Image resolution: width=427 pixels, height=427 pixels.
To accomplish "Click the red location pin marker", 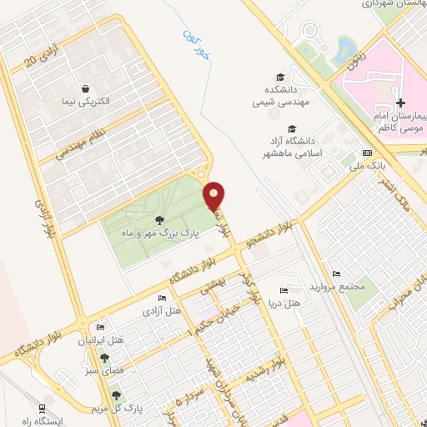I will (x=215, y=194).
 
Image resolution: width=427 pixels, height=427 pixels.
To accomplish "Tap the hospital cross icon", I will (x=401, y=101).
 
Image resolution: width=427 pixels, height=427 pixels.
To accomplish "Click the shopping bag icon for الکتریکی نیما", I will (x=85, y=88).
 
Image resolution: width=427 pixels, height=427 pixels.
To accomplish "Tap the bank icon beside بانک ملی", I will (x=366, y=153).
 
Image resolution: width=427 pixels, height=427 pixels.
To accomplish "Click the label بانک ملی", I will (x=363, y=166).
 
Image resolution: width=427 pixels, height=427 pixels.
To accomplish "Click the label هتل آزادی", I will (x=163, y=311).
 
